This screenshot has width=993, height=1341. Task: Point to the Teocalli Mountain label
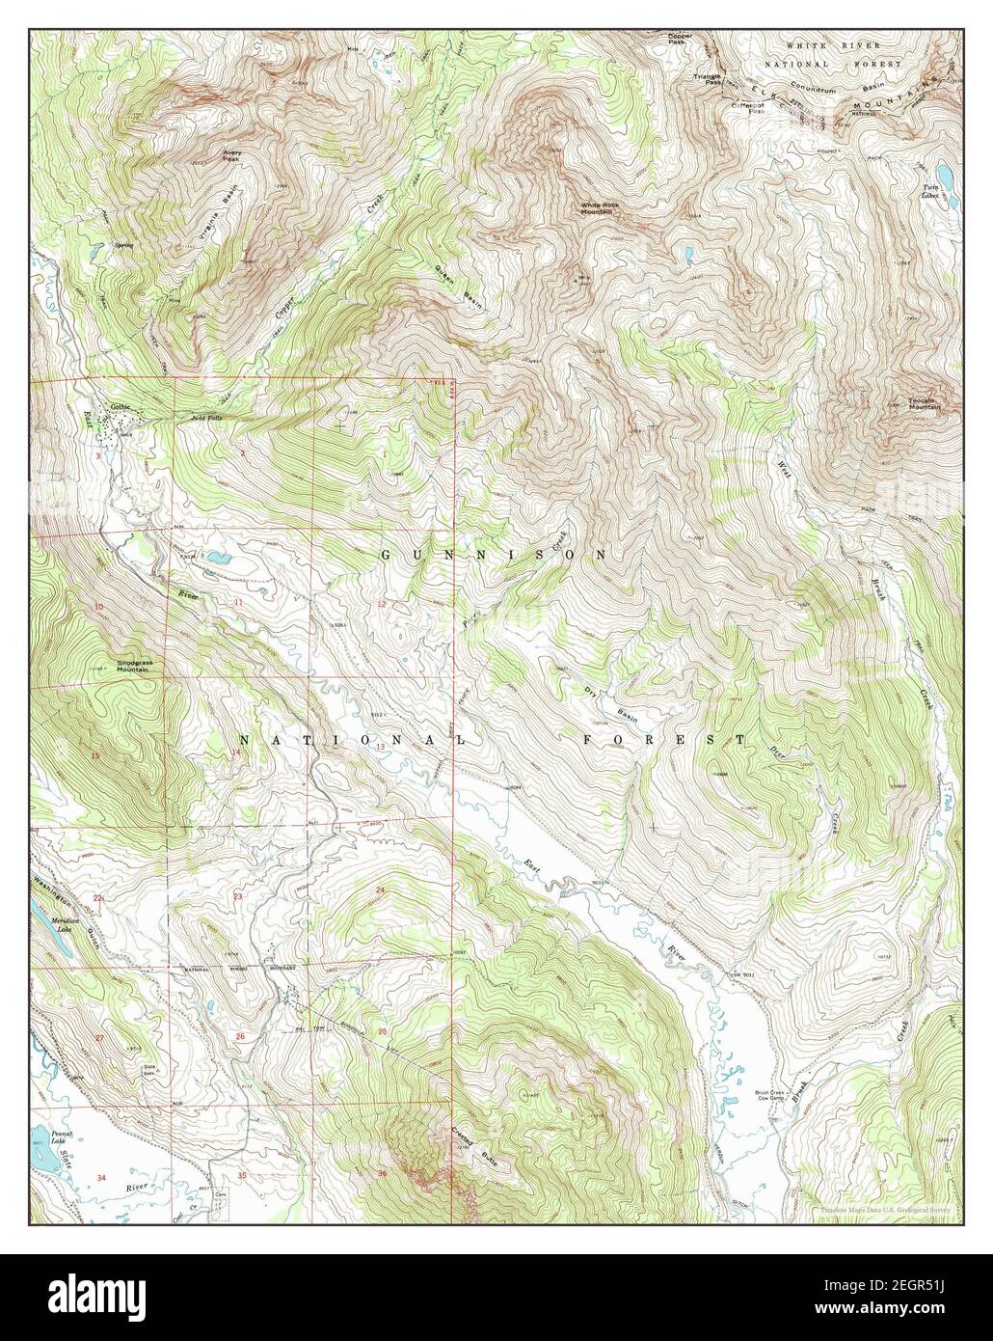pyautogui.click(x=923, y=404)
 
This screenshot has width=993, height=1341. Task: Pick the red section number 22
pyautogui.click(x=97, y=897)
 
